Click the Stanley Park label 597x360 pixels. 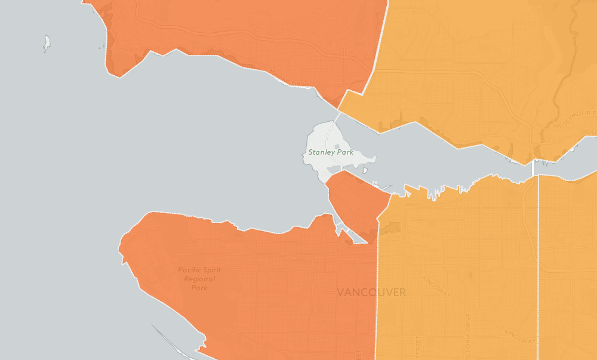[331, 152]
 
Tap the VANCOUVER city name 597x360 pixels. [371, 293]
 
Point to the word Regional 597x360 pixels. [199, 279]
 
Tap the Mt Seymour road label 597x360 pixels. [574, 119]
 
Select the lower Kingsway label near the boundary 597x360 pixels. [519, 337]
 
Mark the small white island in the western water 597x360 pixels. [47, 42]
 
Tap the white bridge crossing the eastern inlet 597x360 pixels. [533, 169]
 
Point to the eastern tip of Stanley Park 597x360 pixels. [374, 159]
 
